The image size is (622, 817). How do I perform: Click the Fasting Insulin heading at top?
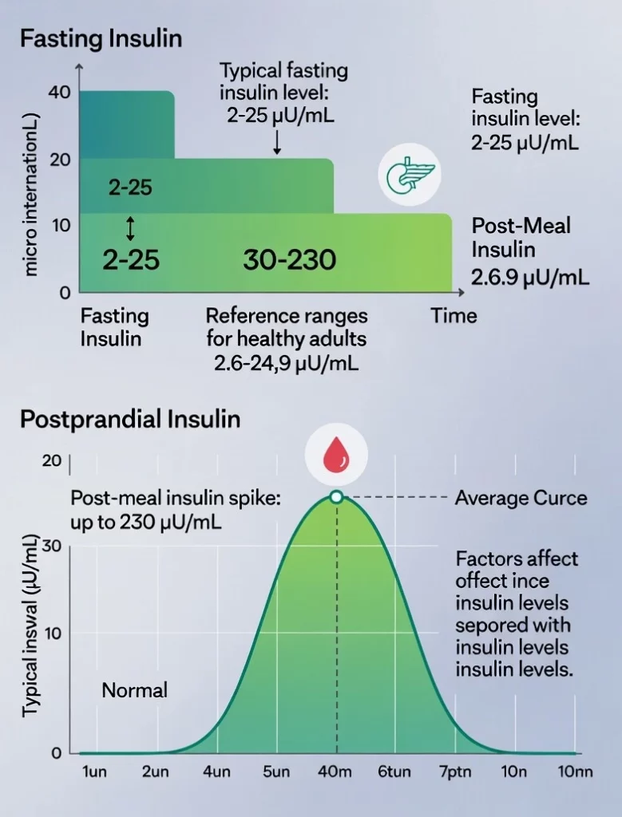pos(101,37)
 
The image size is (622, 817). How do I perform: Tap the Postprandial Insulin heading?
pos(129,419)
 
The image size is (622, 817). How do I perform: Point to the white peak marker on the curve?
pos(336,497)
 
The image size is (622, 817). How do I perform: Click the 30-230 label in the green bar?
pos(289,259)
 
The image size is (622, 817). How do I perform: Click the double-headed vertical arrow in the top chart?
pos(131,229)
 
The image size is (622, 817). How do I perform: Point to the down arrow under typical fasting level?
pos(276,142)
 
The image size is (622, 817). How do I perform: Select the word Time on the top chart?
pos(454,315)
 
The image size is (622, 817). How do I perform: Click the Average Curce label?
pos(521,499)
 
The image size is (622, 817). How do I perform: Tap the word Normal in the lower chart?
pos(134,689)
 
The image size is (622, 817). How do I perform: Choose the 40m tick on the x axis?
pos(336,772)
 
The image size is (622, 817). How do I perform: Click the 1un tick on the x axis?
pos(95,772)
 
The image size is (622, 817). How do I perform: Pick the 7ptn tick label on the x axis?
pos(452,772)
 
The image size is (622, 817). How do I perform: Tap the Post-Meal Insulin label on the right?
pos(521,238)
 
